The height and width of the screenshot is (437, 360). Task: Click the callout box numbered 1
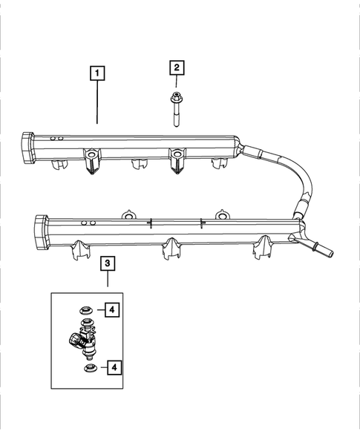pyautogui.click(x=98, y=73)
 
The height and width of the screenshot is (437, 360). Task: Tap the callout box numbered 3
pyautogui.click(x=108, y=263)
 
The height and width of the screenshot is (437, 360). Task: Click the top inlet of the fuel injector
pyautogui.click(x=88, y=324)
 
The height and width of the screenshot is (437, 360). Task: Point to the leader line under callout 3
pyautogui.click(x=108, y=280)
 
